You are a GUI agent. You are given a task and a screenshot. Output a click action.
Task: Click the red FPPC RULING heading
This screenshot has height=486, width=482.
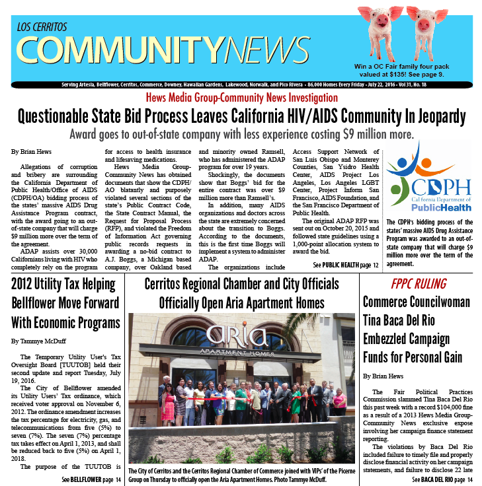[x=418, y=285]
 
